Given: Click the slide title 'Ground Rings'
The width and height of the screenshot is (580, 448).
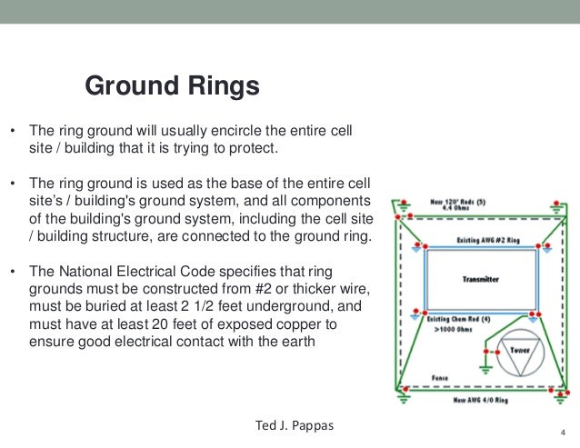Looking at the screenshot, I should [172, 86].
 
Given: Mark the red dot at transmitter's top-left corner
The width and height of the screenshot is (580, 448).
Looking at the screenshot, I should [425, 252].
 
